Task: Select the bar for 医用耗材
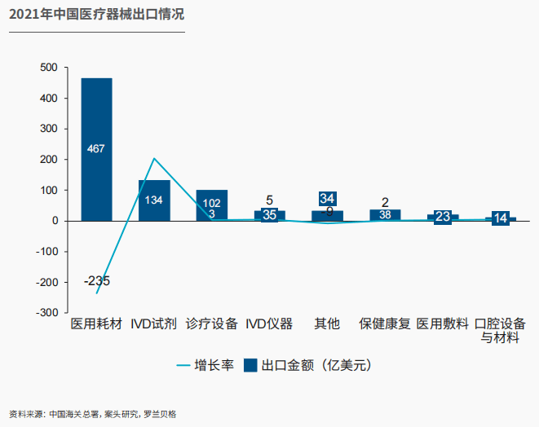click(x=96, y=163)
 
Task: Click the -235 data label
click(x=96, y=281)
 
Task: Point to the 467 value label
click(x=96, y=148)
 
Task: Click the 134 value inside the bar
click(x=154, y=200)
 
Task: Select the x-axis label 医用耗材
click(x=96, y=324)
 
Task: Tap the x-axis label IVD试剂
click(x=154, y=324)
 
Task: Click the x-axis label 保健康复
click(x=385, y=324)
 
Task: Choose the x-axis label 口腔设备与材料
click(x=500, y=330)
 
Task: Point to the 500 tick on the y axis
click(x=49, y=68)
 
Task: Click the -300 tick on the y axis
click(x=47, y=313)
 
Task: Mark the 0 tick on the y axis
click(x=54, y=221)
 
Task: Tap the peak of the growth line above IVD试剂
click(x=154, y=158)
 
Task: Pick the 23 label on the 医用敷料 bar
click(x=443, y=217)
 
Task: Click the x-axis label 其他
click(x=327, y=324)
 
